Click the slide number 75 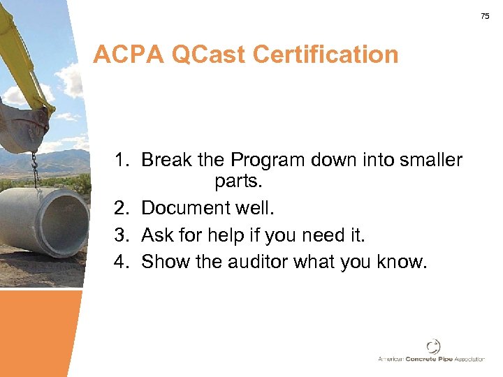pyautogui.click(x=485, y=16)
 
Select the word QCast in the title pyautogui.click(x=214, y=54)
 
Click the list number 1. pyautogui.click(x=123, y=161)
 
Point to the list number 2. pyautogui.click(x=123, y=208)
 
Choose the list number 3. pyautogui.click(x=123, y=235)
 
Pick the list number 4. pyautogui.click(x=123, y=262)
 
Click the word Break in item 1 pyautogui.click(x=167, y=161)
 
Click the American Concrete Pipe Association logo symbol pyautogui.click(x=434, y=346)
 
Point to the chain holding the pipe pyautogui.click(x=33, y=168)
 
